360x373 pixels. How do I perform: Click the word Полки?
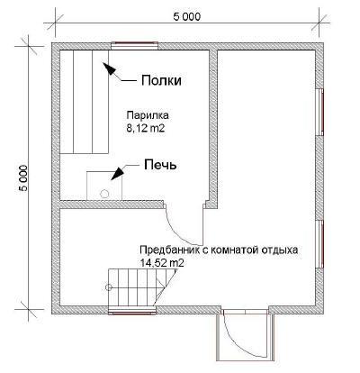click(161, 81)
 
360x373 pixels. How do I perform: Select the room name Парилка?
click(147, 117)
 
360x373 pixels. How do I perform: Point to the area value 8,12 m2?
click(147, 130)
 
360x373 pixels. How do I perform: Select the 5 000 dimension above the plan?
click(187, 15)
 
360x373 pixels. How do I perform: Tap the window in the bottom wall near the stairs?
click(129, 312)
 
